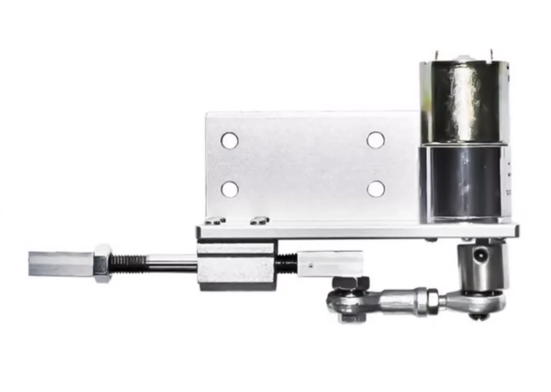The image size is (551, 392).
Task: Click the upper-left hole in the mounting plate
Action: (229, 141)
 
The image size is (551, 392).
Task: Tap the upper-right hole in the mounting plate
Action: (376, 140)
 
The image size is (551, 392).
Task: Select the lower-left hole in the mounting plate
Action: (230, 189)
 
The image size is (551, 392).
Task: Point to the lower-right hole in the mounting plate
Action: (376, 189)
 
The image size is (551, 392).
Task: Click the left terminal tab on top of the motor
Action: (438, 56)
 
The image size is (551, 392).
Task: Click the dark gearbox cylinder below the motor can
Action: (464, 183)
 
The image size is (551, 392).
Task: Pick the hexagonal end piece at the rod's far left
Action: (60, 264)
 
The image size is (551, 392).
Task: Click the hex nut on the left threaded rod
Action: (102, 263)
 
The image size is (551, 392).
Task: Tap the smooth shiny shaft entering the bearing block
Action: (172, 264)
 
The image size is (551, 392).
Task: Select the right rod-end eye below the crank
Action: (480, 303)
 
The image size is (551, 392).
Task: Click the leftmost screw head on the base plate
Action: (215, 220)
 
